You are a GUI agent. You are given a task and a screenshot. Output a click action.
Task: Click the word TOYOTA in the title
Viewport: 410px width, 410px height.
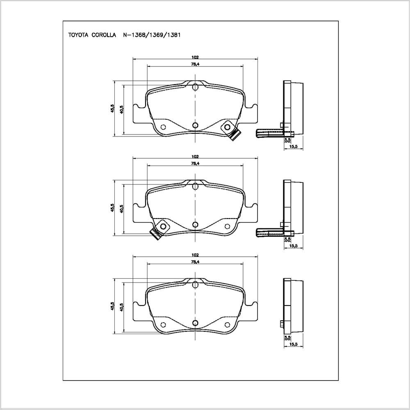tap(78, 35)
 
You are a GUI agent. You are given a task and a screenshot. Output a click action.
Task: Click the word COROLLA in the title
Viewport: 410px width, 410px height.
tap(104, 35)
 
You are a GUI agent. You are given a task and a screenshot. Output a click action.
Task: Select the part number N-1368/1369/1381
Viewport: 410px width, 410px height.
tap(152, 35)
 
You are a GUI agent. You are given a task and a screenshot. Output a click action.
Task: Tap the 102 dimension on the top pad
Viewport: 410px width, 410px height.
tap(195, 57)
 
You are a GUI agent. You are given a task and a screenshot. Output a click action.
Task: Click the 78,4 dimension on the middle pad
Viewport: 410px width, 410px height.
tap(195, 164)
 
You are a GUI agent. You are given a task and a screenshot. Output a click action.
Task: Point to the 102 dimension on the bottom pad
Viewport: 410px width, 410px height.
tap(195, 255)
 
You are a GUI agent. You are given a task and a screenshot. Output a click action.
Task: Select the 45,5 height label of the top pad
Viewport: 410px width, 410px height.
tap(112, 108)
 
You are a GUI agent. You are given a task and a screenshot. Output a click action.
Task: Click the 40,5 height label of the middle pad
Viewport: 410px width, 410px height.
tap(121, 209)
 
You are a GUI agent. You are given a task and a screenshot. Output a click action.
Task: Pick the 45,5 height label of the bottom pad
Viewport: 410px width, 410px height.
tap(112, 306)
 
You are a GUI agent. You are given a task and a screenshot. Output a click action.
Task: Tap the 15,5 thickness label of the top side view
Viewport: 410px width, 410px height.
tap(294, 147)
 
